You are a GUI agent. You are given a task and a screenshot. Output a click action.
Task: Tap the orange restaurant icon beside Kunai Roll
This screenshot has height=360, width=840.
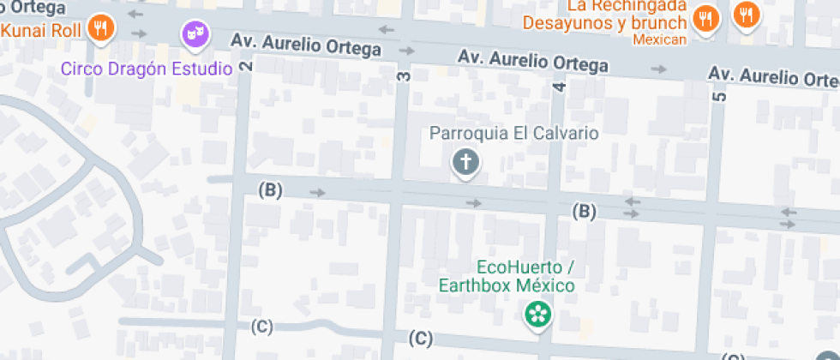click(x=102, y=27)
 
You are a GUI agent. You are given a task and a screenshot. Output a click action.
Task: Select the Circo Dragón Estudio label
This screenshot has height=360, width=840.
click(x=147, y=69)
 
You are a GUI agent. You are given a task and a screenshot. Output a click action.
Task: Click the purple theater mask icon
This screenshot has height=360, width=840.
click(x=195, y=34)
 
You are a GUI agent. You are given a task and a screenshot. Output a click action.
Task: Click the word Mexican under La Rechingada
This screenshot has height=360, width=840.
click(x=660, y=39)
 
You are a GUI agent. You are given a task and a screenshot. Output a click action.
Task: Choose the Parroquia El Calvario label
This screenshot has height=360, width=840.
click(x=513, y=134)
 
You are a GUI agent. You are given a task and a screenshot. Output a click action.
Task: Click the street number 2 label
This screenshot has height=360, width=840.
click(x=248, y=67)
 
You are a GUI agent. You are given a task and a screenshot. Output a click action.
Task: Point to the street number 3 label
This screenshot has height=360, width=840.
click(x=404, y=76)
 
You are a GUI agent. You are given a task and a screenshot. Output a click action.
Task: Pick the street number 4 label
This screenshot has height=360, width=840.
click(x=560, y=87)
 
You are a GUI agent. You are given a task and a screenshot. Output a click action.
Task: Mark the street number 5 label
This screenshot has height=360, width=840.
click(x=718, y=96)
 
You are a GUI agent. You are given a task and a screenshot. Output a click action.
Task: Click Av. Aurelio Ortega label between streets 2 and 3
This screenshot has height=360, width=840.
click(x=306, y=45)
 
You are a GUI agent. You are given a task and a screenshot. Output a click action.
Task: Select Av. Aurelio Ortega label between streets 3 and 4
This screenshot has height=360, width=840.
click(x=533, y=61)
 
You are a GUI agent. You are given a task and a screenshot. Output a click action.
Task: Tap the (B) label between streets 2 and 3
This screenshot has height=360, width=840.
click(x=271, y=190)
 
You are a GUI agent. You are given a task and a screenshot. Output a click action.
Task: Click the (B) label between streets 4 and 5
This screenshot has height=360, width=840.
click(x=585, y=211)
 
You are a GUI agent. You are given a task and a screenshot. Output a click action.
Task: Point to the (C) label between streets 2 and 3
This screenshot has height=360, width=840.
click(x=262, y=326)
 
